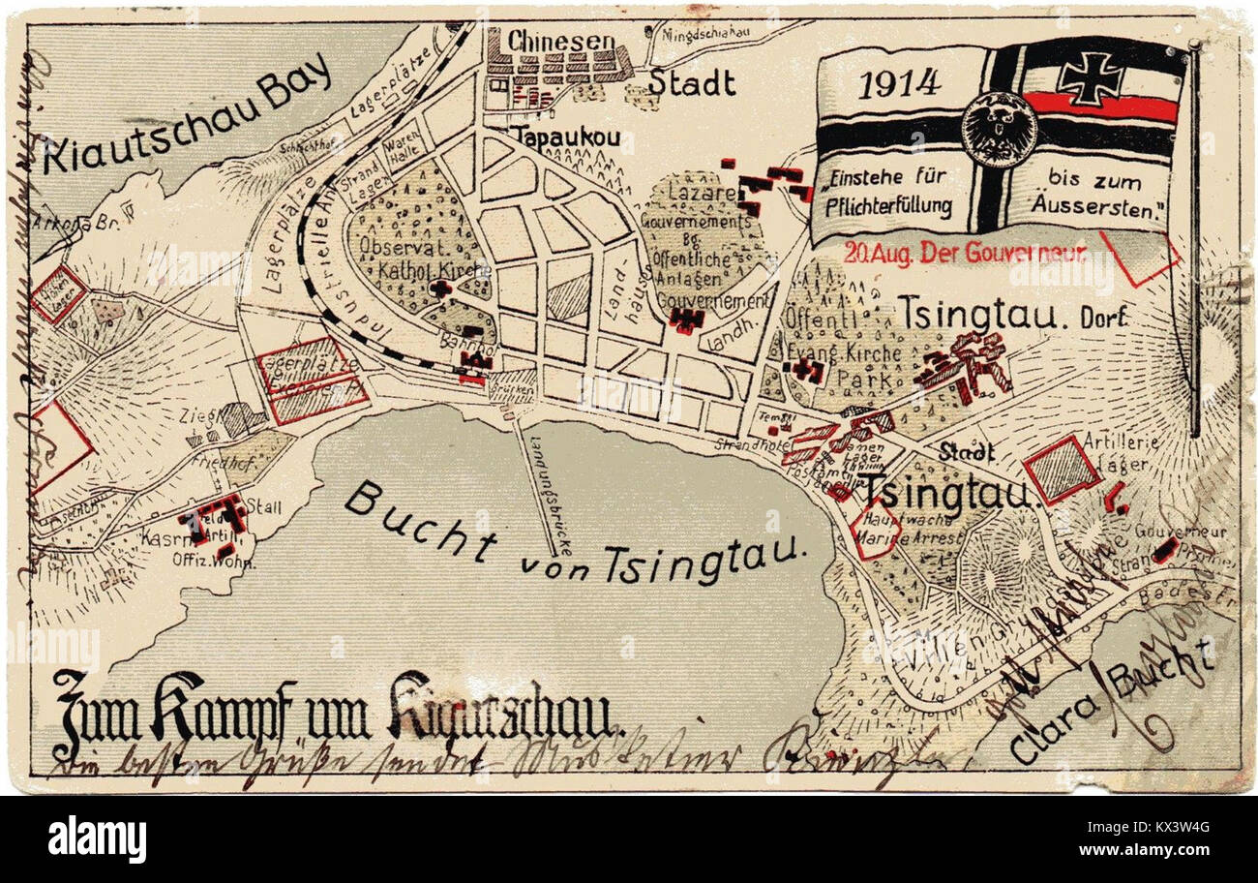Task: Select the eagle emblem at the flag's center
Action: (x=998, y=130)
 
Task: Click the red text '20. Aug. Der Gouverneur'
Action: (x=965, y=254)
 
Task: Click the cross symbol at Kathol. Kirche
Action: (x=440, y=289)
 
